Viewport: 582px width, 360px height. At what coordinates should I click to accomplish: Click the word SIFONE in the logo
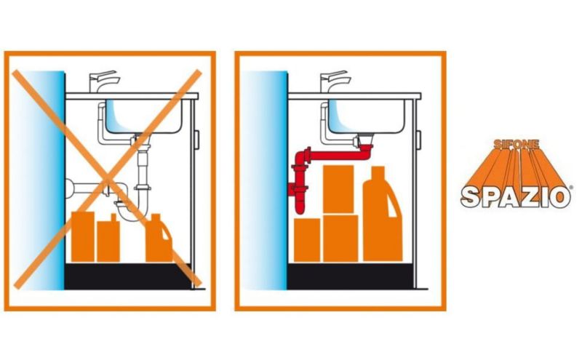(517, 144)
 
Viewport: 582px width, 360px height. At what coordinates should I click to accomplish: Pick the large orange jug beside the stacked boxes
(383, 215)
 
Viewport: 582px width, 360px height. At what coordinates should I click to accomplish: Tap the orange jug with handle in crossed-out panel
(159, 239)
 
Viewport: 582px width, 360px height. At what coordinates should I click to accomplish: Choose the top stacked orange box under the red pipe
(338, 189)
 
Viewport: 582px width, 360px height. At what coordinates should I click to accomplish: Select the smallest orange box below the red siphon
(307, 240)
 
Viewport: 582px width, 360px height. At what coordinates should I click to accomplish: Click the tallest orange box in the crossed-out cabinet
(82, 237)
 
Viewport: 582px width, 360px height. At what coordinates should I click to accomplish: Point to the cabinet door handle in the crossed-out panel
(196, 140)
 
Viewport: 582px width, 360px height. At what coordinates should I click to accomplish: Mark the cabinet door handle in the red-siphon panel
(418, 140)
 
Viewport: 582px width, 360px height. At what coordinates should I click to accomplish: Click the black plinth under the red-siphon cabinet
(350, 276)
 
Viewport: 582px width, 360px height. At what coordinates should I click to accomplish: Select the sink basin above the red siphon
(366, 116)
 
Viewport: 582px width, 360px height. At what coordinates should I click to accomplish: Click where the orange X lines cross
(108, 181)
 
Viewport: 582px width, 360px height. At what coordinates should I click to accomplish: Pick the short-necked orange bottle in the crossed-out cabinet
(108, 239)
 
